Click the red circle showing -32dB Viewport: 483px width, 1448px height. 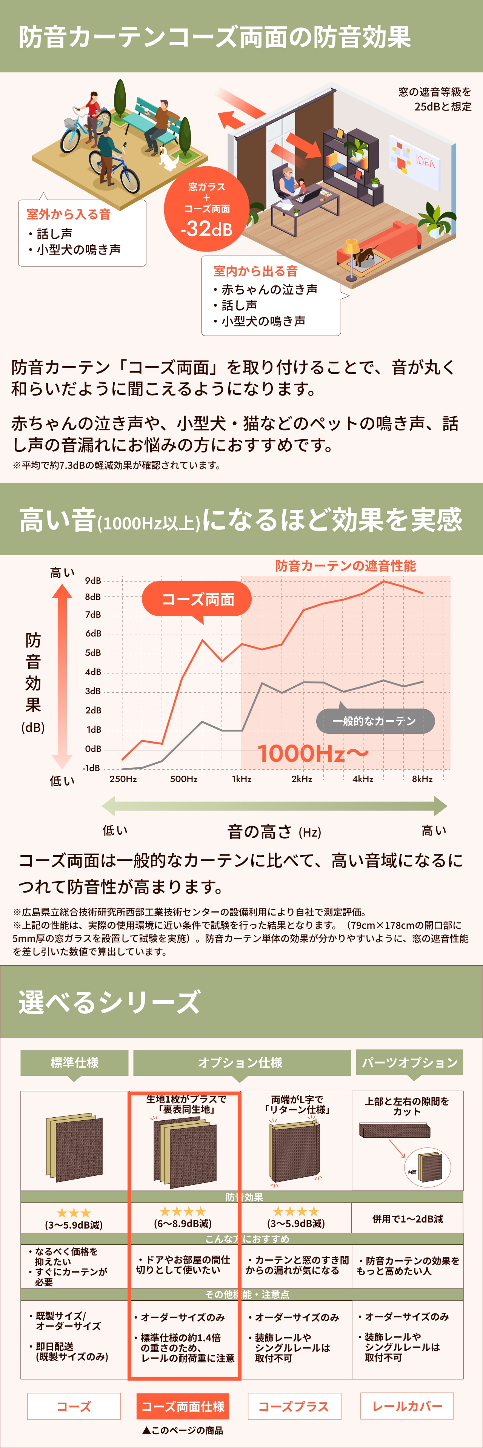[206, 209]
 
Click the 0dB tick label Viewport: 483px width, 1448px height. [93, 749]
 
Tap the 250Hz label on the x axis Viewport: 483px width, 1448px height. [123, 779]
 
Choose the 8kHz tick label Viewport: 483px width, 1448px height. [422, 779]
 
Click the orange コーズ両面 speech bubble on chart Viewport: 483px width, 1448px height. [197, 600]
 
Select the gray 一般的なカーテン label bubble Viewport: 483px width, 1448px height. [375, 721]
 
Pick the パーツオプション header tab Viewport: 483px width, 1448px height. [409, 1062]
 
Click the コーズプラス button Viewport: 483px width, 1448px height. [294, 1407]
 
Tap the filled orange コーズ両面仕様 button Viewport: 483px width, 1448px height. [183, 1407]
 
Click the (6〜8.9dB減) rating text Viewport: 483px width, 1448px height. [183, 1223]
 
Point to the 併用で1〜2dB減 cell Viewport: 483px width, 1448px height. [407, 1219]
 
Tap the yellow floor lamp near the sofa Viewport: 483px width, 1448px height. [351, 259]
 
